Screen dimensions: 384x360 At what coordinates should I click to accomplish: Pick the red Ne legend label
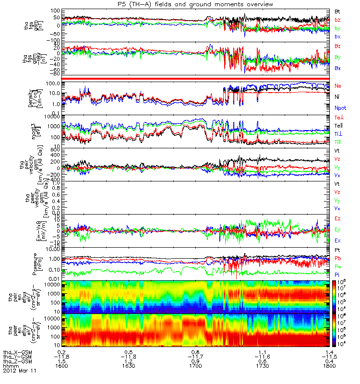338,86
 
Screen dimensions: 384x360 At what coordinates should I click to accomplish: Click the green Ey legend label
338,229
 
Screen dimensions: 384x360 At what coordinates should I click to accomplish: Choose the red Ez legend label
338,218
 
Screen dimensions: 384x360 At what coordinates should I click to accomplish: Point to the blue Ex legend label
338,240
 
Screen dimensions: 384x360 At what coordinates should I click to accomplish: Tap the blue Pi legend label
337,274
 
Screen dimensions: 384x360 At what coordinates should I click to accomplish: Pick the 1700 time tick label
195,366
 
